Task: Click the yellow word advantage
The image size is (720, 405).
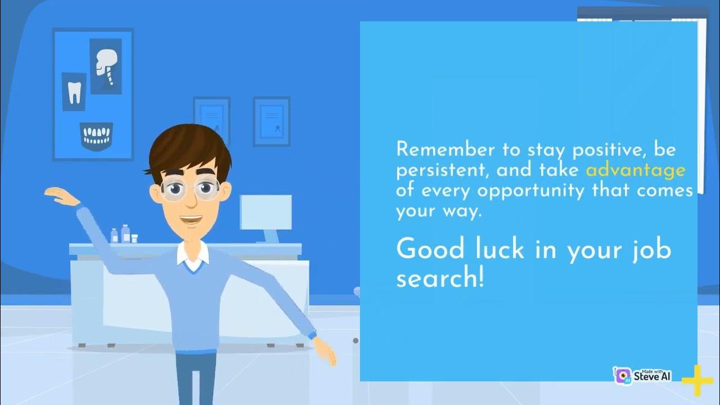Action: coord(636,170)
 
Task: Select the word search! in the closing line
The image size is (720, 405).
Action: coord(440,277)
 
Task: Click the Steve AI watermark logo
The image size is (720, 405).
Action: coord(642,375)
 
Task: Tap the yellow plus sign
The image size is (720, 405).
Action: coord(697,380)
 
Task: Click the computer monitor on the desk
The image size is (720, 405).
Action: coord(266,213)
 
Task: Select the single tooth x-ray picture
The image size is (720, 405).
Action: coord(74,92)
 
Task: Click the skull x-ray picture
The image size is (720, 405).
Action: coord(105,65)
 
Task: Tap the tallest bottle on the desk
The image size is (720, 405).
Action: coord(125,233)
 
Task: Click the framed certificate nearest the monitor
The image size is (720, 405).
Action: coord(271,121)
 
